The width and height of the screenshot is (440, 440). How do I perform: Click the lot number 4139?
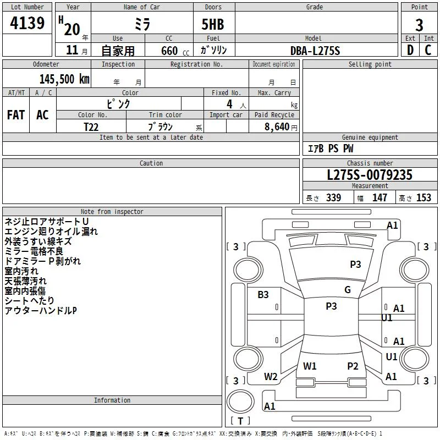point(27,23)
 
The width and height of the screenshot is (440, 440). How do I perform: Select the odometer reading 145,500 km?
point(64,79)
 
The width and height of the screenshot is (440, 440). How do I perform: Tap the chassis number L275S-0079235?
point(370,175)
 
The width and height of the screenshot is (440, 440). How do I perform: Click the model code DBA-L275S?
point(315,51)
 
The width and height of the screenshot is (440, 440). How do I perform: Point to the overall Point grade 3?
point(419,25)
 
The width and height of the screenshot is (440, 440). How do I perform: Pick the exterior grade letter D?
point(410,50)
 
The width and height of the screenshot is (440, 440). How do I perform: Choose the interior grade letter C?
point(428,50)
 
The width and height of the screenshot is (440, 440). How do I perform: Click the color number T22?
point(91,127)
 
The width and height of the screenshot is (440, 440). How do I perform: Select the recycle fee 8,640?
point(277,127)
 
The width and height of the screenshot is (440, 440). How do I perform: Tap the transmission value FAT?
point(16,115)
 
